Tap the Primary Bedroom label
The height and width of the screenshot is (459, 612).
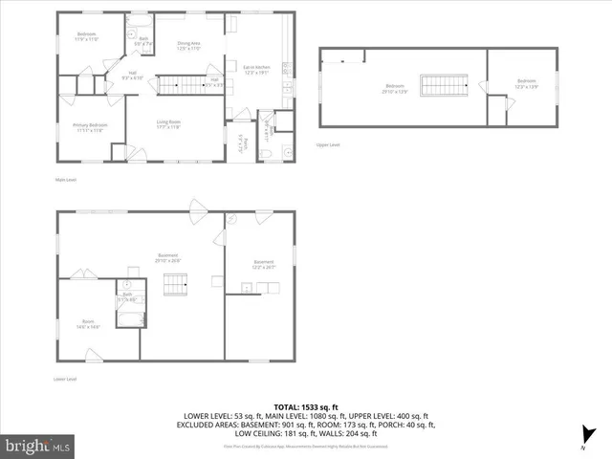coord(90,127)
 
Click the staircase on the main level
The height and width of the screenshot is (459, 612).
coord(181,87)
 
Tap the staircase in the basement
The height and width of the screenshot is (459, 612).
coord(175,284)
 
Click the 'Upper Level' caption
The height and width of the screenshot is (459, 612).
coord(328,145)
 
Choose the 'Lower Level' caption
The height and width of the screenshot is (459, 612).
coord(66,380)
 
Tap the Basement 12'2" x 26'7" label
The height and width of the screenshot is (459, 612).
coord(263,264)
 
